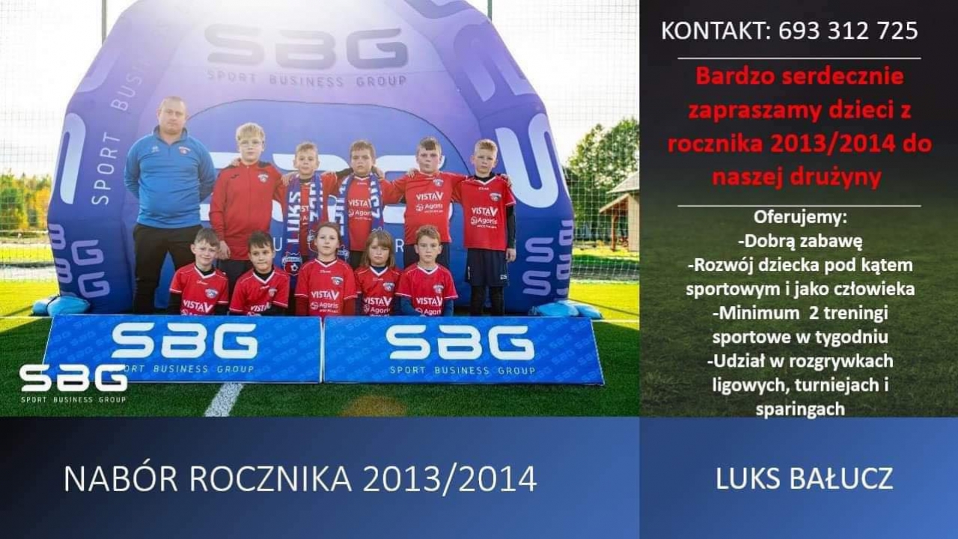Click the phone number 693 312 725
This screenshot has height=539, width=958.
coord(848,31)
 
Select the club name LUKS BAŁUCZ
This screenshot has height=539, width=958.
coord(805,478)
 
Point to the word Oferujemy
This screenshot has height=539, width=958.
coord(800,217)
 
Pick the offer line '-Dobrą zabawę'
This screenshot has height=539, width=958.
coord(800,242)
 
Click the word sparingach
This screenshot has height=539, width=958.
coord(800,409)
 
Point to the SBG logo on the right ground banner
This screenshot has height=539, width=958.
coord(460,342)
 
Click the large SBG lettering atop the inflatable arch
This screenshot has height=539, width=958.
coord(306,47)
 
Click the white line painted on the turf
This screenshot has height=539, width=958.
coord(224,399)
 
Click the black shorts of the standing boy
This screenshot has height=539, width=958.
coord(486,267)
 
